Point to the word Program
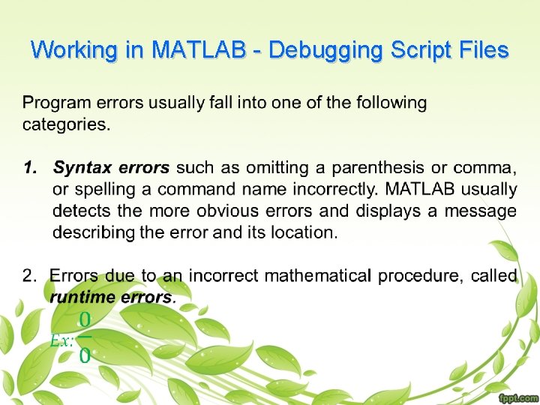click(56, 103)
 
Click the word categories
click(65, 124)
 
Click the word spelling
click(104, 189)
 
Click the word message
click(481, 211)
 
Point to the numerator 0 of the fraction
click(85, 320)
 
